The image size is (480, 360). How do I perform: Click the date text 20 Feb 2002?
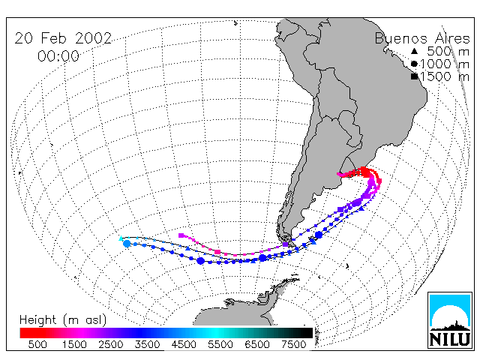coord(63,38)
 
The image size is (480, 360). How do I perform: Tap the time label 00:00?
coord(58,56)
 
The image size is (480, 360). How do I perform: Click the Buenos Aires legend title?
coord(422,38)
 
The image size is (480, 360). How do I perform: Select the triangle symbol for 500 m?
coord(414,51)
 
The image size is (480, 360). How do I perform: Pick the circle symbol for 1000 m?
coord(414,64)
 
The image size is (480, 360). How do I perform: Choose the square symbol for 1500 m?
coord(414,76)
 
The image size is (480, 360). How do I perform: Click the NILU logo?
coord(450,320)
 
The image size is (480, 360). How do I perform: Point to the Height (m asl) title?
coord(63,320)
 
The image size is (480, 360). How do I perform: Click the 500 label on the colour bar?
coord(37,344)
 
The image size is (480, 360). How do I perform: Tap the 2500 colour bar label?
coord(111,344)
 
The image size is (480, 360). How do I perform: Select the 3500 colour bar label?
coord(147,344)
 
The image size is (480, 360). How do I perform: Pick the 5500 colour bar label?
coord(220,344)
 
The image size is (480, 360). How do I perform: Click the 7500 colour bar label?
coord(293,344)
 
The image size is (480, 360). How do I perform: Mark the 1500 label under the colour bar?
coord(74,344)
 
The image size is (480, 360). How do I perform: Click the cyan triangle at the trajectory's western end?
coord(121,238)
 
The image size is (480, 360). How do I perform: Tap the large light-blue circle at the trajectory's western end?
coord(127,244)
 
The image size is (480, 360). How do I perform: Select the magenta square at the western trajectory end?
coord(181,235)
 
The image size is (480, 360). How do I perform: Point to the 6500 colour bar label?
coord(257,344)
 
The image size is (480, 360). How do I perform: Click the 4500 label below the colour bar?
coord(184,344)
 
